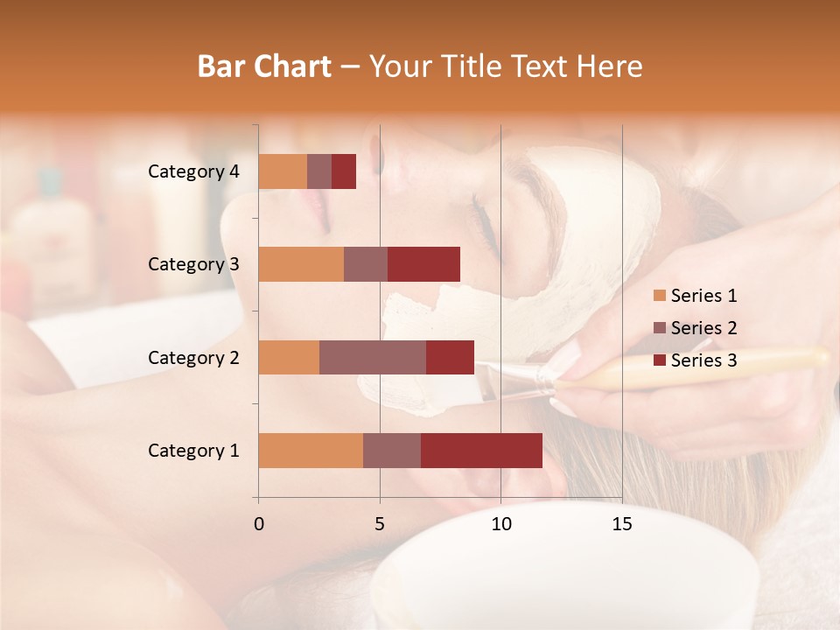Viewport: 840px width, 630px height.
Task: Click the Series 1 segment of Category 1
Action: (x=311, y=450)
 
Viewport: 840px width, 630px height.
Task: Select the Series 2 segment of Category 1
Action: (x=392, y=450)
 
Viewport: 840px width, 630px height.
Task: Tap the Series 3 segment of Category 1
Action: (x=481, y=450)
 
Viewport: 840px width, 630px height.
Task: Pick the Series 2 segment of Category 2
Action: (x=373, y=357)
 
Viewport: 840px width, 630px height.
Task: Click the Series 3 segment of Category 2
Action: (x=450, y=357)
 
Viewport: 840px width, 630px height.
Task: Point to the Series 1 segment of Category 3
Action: (x=301, y=264)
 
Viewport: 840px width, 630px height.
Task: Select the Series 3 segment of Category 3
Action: (x=423, y=264)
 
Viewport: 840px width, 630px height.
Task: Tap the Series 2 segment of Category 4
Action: (x=319, y=171)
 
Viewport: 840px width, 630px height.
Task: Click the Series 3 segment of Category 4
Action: (x=344, y=171)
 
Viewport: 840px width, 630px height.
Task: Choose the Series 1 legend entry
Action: (x=695, y=296)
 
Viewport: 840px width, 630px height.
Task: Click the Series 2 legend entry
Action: (x=695, y=328)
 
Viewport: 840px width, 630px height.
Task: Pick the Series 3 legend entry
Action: (x=695, y=360)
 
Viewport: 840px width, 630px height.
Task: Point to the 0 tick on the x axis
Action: (x=259, y=524)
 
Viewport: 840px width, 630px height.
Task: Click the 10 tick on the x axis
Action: (x=500, y=524)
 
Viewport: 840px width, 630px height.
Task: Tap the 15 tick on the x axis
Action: (x=621, y=524)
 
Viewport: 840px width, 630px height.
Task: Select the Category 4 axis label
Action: (x=193, y=171)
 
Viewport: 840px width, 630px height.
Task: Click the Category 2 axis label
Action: (x=193, y=357)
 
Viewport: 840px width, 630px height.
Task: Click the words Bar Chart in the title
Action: (x=264, y=66)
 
